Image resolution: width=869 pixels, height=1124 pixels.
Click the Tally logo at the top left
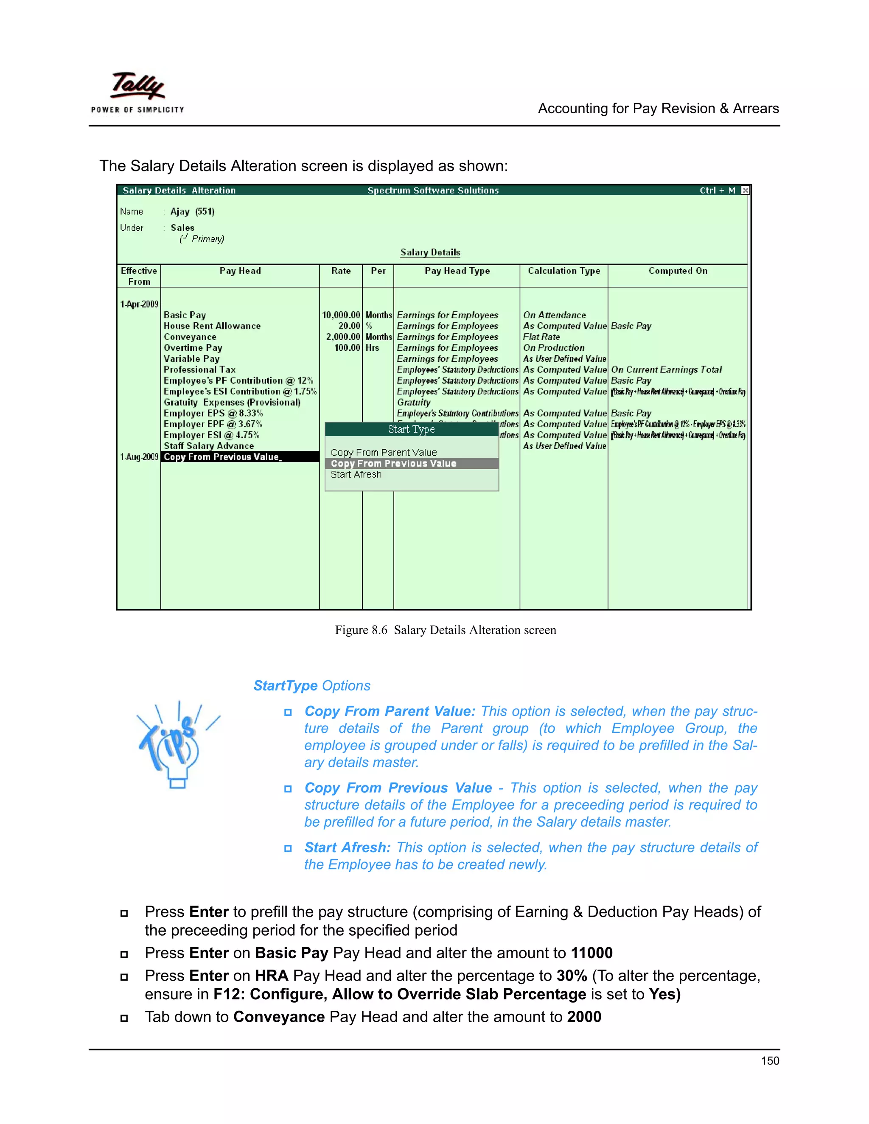[137, 92]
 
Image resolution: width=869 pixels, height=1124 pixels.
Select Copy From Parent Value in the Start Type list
[384, 453]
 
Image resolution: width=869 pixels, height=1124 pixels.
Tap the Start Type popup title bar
[411, 429]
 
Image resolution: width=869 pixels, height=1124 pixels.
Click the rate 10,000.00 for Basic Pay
[341, 315]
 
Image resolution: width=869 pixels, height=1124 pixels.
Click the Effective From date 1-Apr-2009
[139, 304]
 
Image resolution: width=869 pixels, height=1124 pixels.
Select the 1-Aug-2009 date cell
[139, 457]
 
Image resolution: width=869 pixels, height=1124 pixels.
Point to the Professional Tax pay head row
[200, 369]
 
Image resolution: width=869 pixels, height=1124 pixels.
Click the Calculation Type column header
[564, 271]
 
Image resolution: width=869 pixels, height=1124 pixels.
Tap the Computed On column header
[678, 271]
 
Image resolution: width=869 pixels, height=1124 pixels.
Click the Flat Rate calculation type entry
[541, 337]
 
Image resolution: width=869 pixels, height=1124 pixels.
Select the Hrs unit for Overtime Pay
[372, 348]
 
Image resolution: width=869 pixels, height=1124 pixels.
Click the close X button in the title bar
[745, 190]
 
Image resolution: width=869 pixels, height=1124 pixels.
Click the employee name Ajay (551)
[193, 212]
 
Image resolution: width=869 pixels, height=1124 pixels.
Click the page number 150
[770, 1061]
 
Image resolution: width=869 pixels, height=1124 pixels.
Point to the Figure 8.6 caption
[445, 630]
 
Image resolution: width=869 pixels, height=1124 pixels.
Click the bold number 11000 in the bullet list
[591, 953]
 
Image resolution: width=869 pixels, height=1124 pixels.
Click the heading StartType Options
[311, 685]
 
